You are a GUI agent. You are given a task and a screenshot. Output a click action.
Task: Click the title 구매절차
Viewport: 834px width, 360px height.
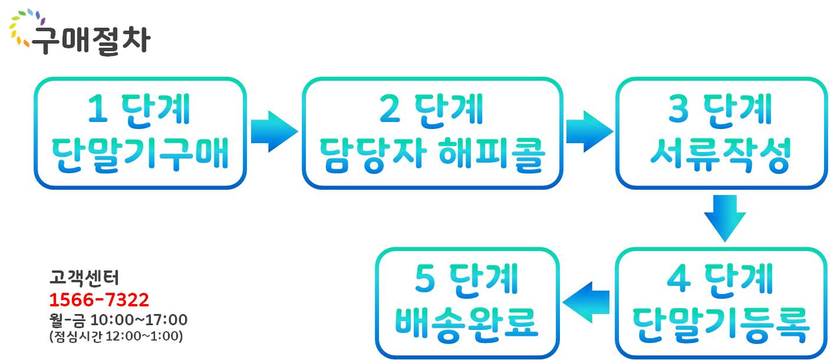click(90, 40)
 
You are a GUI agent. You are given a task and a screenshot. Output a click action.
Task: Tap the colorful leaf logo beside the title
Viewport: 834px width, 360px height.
click(22, 26)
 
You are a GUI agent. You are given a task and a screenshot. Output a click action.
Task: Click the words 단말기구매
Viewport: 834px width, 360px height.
click(140, 156)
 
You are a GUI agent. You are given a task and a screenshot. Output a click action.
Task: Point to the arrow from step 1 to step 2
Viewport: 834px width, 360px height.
click(273, 131)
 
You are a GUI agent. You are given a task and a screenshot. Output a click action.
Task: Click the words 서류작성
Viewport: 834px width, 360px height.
click(720, 156)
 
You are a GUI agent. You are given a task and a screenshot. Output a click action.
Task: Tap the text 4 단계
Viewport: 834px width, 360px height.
click(720, 279)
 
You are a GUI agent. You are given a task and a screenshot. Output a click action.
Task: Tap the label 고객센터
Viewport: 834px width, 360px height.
click(84, 277)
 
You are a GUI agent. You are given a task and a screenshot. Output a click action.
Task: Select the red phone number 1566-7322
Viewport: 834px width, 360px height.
click(98, 300)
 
